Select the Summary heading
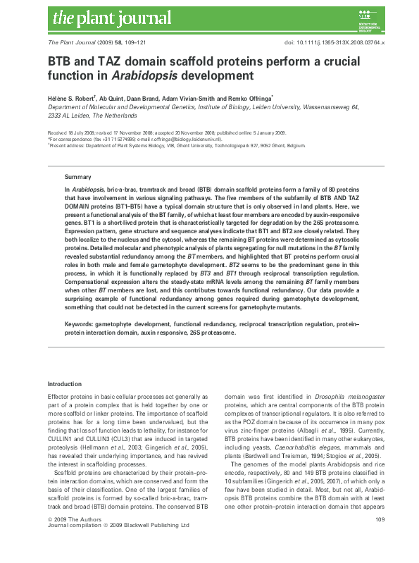[77, 176]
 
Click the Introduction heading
[64, 383]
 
